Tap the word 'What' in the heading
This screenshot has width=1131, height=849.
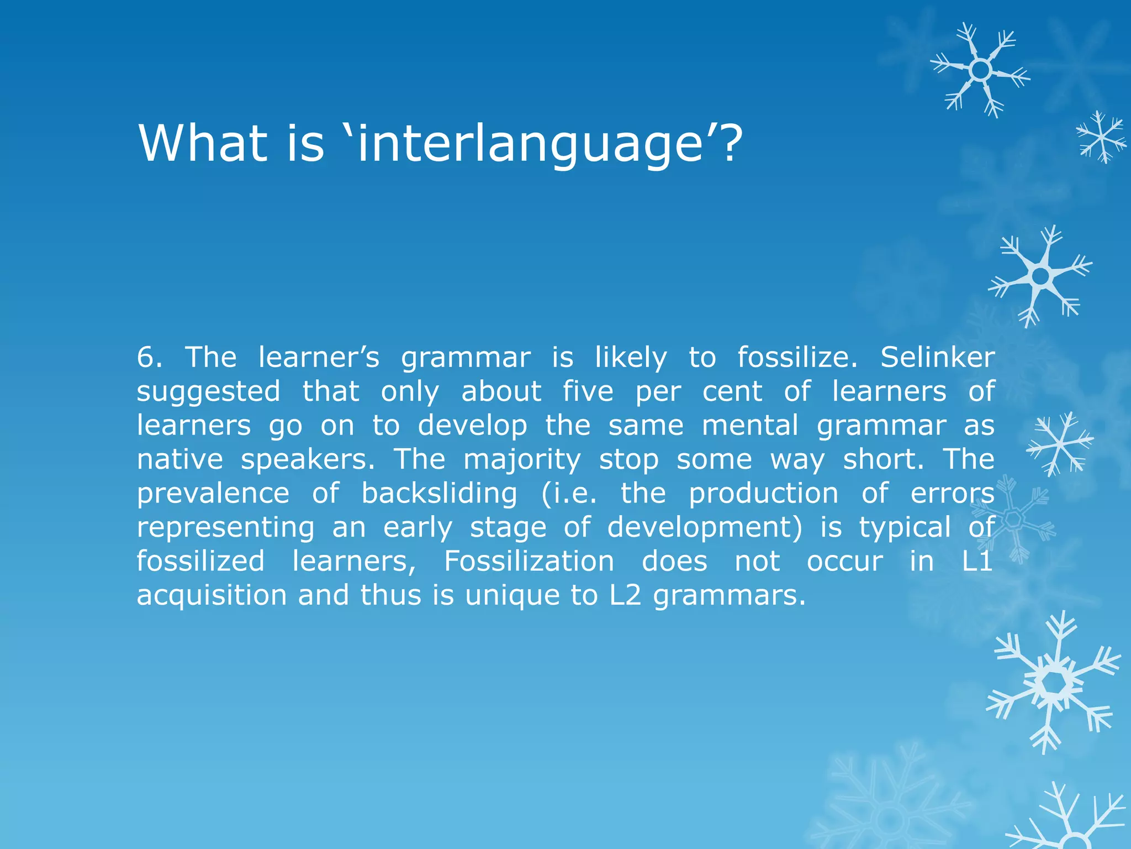pyautogui.click(x=201, y=144)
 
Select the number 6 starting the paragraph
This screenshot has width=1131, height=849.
pyautogui.click(x=146, y=357)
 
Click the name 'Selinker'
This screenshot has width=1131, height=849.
pyautogui.click(x=937, y=357)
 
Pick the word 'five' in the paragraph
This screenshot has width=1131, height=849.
pyautogui.click(x=588, y=391)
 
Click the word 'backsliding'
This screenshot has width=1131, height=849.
pyautogui.click(x=439, y=493)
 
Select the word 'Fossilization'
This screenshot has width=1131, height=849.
pyautogui.click(x=528, y=561)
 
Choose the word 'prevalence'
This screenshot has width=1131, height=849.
pyautogui.click(x=213, y=493)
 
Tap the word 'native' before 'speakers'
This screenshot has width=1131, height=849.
pyautogui.click(x=179, y=459)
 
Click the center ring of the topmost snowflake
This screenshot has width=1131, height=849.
pyautogui.click(x=980, y=70)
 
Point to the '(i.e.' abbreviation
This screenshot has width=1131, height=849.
pyautogui.click(x=569, y=493)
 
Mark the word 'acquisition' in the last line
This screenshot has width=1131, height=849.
pyautogui.click(x=212, y=595)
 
